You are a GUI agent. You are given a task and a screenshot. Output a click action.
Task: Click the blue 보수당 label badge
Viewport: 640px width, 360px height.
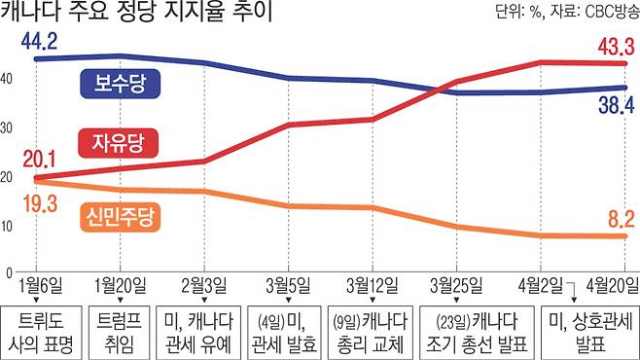tap(120, 84)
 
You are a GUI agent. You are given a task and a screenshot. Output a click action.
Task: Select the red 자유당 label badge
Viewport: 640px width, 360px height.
tap(118, 143)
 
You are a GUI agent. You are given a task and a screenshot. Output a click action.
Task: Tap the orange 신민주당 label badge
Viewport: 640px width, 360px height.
tap(120, 217)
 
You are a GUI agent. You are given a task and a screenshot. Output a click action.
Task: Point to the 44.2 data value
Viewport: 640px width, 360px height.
tap(39, 41)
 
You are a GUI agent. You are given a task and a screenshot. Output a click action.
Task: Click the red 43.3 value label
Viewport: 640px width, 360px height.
tap(617, 47)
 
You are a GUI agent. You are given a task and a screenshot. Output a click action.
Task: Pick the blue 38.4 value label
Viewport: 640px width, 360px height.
tap(617, 105)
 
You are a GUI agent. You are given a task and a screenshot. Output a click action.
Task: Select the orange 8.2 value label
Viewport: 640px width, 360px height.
tap(622, 219)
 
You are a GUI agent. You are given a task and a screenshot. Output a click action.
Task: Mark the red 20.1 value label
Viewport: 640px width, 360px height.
tap(39, 160)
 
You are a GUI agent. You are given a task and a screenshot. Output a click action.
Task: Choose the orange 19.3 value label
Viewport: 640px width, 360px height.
tap(40, 203)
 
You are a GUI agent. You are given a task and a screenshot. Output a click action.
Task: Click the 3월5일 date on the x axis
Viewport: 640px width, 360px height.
tap(288, 285)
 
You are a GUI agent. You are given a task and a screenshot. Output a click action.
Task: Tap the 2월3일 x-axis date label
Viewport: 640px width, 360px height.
tap(204, 285)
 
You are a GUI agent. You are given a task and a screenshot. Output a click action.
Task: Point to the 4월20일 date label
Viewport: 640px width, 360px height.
tap(612, 285)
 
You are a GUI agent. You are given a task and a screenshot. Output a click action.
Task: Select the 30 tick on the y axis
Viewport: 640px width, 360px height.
tap(6, 127)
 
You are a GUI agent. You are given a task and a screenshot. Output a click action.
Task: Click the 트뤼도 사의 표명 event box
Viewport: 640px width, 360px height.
tap(41, 333)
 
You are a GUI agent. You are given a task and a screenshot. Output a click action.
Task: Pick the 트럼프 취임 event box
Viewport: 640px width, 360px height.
tap(120, 333)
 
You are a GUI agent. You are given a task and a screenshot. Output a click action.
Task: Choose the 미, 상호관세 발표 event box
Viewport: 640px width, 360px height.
tap(590, 333)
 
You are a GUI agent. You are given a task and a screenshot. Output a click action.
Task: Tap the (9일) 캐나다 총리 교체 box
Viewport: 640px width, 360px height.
tap(371, 333)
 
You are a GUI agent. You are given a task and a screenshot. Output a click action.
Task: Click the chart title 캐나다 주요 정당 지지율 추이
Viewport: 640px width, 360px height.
tap(136, 11)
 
